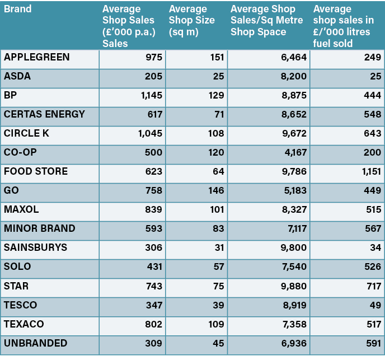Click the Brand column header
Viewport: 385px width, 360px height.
[x=17, y=9]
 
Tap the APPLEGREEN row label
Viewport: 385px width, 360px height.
[x=37, y=57]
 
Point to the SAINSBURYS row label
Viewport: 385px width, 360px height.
[x=36, y=247]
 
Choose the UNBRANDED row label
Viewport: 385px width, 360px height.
[x=36, y=343]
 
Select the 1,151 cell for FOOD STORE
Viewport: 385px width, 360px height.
[x=369, y=171]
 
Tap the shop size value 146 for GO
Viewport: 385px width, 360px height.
[x=216, y=190]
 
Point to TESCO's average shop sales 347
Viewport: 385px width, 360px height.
[x=154, y=305]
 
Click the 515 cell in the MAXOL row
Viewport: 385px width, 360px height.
[x=372, y=209]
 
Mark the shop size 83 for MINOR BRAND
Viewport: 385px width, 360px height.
[x=218, y=228]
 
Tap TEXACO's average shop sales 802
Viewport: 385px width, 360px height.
[x=154, y=324]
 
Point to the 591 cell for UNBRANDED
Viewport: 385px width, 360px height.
[x=372, y=343]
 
